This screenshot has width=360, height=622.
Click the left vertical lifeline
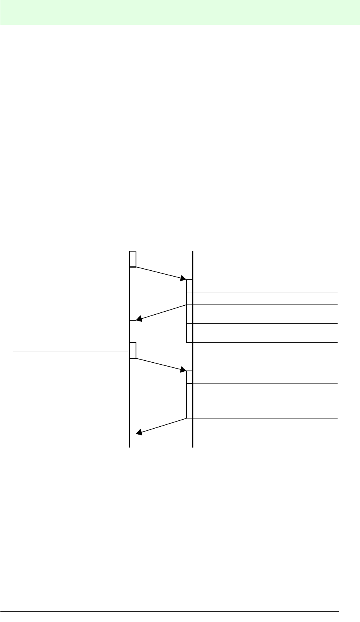(x=130, y=393)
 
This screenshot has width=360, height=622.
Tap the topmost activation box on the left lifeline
(x=133, y=259)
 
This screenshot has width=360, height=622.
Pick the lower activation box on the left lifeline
(x=133, y=350)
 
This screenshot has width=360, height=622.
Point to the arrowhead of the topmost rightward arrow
(x=183, y=279)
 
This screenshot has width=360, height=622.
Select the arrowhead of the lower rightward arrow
(x=183, y=370)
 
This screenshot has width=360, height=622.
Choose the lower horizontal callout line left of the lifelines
(x=71, y=352)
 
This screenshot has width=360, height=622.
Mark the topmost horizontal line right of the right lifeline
(x=265, y=292)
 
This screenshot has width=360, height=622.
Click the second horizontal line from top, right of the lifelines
(x=265, y=305)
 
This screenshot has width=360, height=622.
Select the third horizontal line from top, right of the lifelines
(x=265, y=323)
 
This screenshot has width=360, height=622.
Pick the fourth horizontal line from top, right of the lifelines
(x=265, y=343)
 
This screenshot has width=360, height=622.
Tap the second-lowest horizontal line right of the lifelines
(x=265, y=383)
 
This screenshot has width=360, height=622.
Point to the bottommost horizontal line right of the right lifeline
(x=265, y=418)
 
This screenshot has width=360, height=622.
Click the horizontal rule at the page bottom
(x=169, y=611)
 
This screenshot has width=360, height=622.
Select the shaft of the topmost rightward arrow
(x=159, y=273)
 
